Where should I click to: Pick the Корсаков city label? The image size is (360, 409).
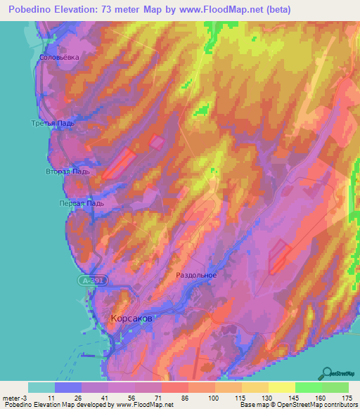(x=131, y=318)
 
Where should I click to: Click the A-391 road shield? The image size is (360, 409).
(x=86, y=280)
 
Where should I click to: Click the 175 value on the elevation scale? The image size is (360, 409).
(x=346, y=398)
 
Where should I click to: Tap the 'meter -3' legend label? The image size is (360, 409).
(x=14, y=398)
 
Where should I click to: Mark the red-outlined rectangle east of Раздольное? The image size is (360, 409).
(x=279, y=257)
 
